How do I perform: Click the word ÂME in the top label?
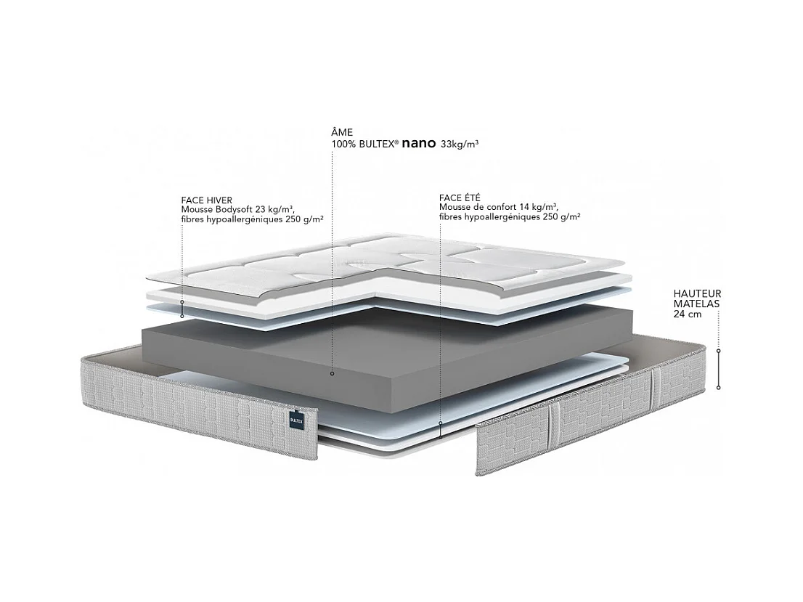pyautogui.click(x=342, y=132)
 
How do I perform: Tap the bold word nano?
pyautogui.click(x=418, y=144)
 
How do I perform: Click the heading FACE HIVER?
pyautogui.click(x=207, y=200)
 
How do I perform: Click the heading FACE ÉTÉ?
pyautogui.click(x=460, y=198)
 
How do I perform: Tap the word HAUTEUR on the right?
pyautogui.click(x=697, y=294)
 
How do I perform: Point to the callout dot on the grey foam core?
pyautogui.click(x=332, y=374)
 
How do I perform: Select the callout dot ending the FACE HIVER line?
pyautogui.click(x=182, y=316)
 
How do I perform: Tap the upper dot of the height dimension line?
pyautogui.click(x=719, y=351)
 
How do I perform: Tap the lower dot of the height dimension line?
pyautogui.click(x=719, y=387)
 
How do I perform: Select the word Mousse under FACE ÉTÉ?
pyautogui.click(x=455, y=207)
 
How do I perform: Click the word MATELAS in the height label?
pyautogui.click(x=696, y=304)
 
